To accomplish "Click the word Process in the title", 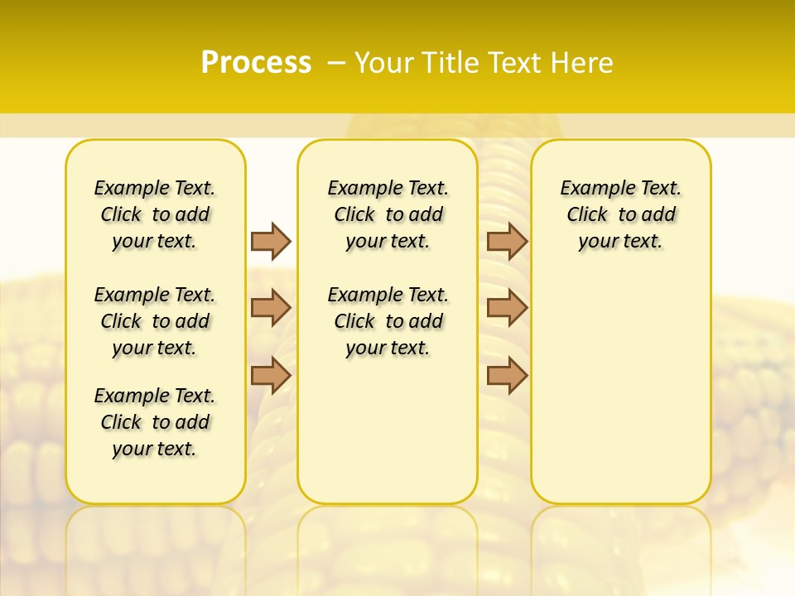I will [x=256, y=63].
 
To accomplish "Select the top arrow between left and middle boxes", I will [x=271, y=241].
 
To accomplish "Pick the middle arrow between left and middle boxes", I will [x=271, y=308].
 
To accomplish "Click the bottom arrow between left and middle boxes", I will [x=271, y=375].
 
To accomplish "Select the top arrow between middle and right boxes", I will [x=507, y=241].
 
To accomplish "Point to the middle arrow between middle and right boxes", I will [x=507, y=308].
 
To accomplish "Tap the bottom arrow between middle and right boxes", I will [x=507, y=375].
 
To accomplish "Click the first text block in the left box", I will [x=155, y=214].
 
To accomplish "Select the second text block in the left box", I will [x=155, y=321].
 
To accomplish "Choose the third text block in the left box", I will [x=155, y=422].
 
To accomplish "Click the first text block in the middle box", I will [x=388, y=214].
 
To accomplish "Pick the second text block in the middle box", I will [x=388, y=321].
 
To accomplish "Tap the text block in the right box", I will [x=620, y=214].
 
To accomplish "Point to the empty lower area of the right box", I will [x=620, y=389].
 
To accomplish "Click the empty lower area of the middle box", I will [x=388, y=430].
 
